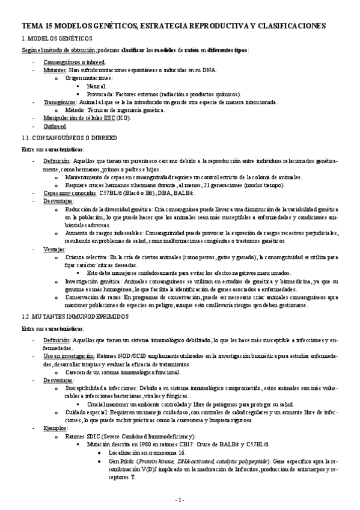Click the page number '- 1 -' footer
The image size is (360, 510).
pos(179,500)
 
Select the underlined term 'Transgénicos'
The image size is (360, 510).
pos(60,102)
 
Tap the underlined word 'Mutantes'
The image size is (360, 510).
pos(55,70)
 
